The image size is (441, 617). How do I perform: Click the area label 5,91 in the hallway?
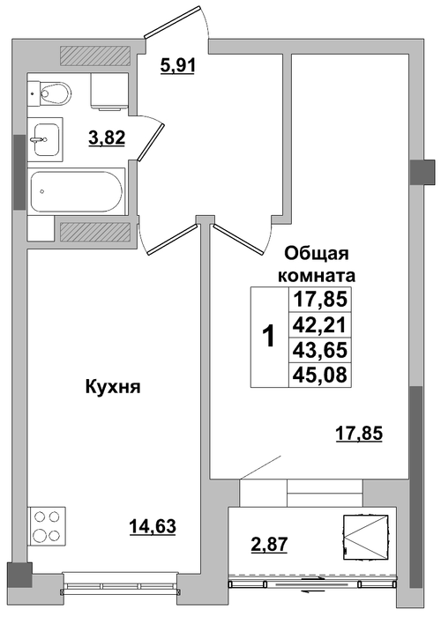pos(178,65)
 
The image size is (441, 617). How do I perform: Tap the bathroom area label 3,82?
pos(107,138)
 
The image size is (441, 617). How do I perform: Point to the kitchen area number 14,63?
pos(153,526)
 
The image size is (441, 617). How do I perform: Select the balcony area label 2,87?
pos(270,545)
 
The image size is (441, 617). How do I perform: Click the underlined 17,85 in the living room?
pos(359,435)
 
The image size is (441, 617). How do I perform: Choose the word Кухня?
pos(113,388)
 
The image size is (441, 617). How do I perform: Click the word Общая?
pos(317,255)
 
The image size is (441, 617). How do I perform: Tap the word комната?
pos(317,276)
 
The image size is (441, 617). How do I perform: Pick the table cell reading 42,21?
pos(319,325)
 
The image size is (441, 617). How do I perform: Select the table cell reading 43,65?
pos(319,350)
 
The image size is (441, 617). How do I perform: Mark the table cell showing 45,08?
pos(319,375)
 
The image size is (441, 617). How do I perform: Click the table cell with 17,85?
pos(319,301)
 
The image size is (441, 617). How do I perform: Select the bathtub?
pos(77,191)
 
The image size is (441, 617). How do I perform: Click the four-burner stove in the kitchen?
pos(47,525)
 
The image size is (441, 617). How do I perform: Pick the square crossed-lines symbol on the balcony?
pos(365,537)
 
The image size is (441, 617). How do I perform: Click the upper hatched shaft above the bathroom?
pos(95,56)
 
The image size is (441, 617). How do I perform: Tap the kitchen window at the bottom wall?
pos(121,585)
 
